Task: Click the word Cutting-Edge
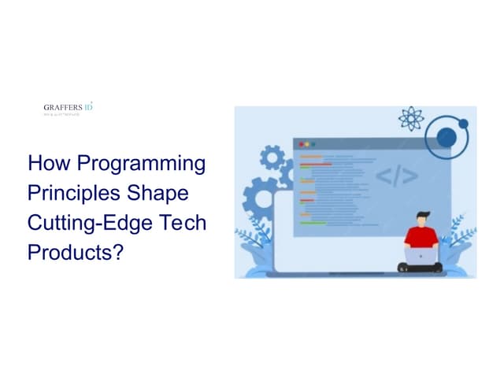click(x=87, y=223)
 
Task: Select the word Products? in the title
click(x=76, y=252)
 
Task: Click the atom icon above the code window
click(x=410, y=120)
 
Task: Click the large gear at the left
click(x=263, y=198)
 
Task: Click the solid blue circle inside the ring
click(x=463, y=124)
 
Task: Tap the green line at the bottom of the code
click(x=313, y=223)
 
